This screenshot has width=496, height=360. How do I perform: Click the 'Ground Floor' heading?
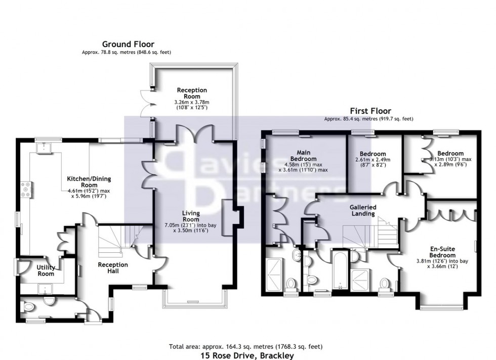click(128, 44)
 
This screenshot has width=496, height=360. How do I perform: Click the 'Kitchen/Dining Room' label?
click(89, 182)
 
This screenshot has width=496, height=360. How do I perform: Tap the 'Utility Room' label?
click(45, 271)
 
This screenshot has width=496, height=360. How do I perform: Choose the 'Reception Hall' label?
click(112, 268)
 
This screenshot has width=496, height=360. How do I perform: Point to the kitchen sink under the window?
click(44, 148)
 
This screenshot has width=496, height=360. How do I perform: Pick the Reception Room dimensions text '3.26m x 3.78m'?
click(192, 102)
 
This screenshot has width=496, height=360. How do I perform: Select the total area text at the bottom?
click(245, 346)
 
